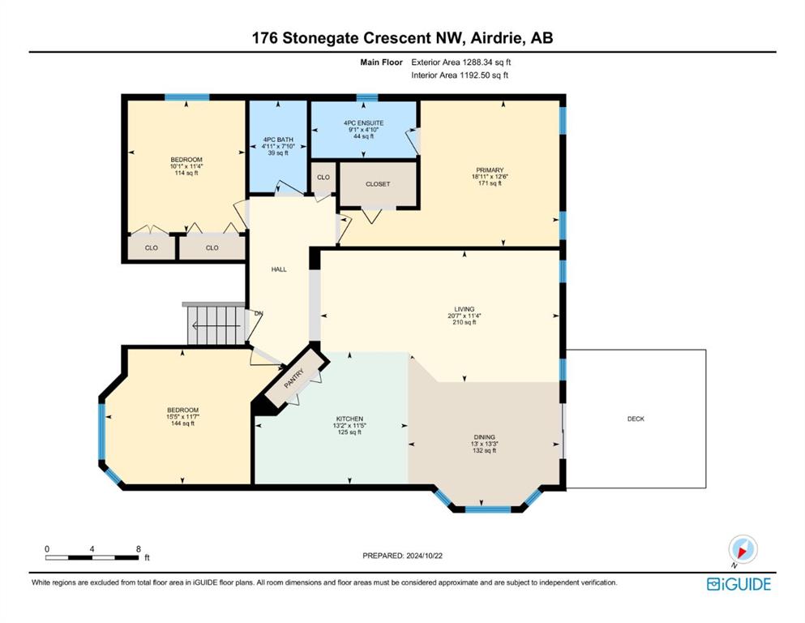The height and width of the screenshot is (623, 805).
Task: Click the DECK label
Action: click(636, 419)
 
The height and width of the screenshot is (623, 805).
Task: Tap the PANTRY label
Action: click(294, 379)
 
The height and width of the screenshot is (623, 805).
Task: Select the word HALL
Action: click(279, 269)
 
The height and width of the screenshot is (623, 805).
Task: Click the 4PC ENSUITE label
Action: click(363, 123)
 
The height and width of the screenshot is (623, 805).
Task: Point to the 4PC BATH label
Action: click(278, 140)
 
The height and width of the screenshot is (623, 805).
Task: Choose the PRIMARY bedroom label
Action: click(490, 170)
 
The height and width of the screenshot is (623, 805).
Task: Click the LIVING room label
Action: click(464, 309)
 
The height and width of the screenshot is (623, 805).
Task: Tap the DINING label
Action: click(484, 437)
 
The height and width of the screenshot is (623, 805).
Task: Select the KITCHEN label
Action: click(349, 419)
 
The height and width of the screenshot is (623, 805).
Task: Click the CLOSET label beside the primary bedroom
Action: click(378, 184)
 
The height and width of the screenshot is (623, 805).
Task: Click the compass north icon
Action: click(743, 550)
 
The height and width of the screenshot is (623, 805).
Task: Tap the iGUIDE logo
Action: click(739, 584)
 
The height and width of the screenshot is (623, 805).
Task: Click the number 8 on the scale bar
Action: click(138, 549)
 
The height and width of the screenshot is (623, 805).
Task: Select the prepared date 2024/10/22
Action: click(424, 556)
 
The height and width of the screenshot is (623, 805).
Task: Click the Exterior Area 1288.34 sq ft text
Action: click(461, 62)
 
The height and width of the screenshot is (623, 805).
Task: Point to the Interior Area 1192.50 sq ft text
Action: click(460, 75)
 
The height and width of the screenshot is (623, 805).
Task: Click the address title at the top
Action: click(402, 38)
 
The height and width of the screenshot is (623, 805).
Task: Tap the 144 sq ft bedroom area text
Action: click(182, 423)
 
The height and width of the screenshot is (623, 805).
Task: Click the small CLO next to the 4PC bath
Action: click(323, 177)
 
